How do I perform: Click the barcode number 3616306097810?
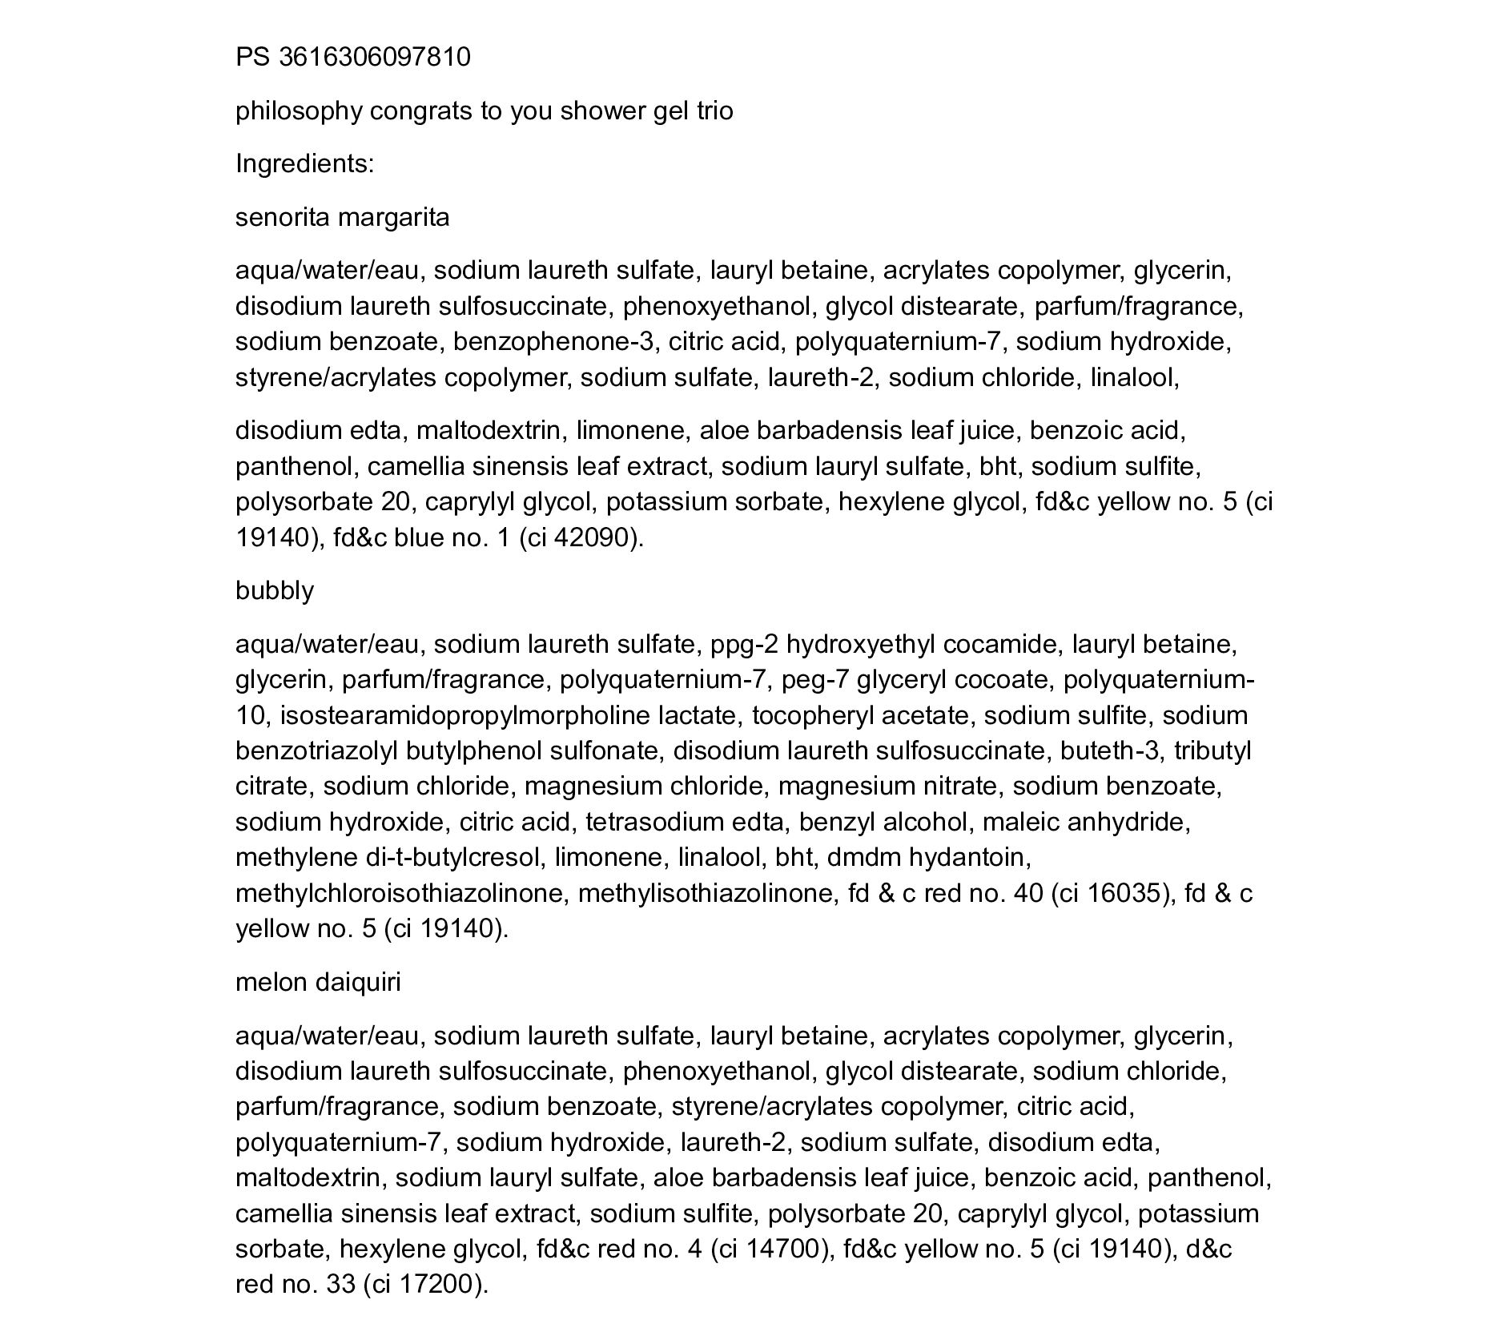pos(374,58)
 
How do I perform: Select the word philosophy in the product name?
pos(299,111)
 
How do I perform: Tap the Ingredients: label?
pos(304,164)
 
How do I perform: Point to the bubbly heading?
pos(274,591)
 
